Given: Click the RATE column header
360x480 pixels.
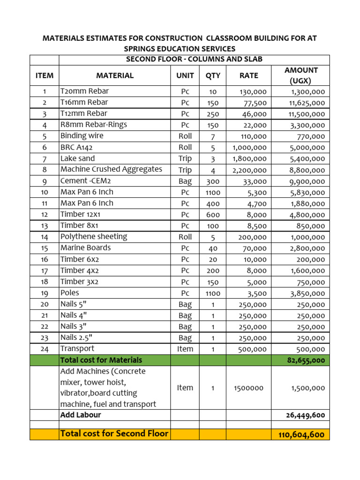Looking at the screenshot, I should [248, 75].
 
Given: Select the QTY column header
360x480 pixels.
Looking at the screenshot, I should [212, 75].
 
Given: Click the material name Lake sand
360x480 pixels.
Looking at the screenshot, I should [77, 158].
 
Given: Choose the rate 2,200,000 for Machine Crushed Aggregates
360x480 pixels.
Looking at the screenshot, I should [249, 170].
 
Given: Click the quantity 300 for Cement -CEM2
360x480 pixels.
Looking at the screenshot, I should [212, 181].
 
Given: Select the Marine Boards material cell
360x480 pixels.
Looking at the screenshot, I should [85, 247].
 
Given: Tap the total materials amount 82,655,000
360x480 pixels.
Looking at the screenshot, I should [305, 360].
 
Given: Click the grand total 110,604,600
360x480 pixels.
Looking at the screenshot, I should [301, 435].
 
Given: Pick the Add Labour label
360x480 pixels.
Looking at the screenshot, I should [81, 415].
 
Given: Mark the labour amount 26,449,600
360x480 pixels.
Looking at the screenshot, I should [305, 415].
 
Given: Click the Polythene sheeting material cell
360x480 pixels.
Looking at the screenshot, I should [93, 237].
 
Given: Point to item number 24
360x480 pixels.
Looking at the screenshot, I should [44, 349].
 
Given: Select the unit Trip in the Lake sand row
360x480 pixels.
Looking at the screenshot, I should [185, 159].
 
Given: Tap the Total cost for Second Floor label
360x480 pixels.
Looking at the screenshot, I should [114, 434].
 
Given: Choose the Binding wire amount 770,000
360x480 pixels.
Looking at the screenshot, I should [311, 137].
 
